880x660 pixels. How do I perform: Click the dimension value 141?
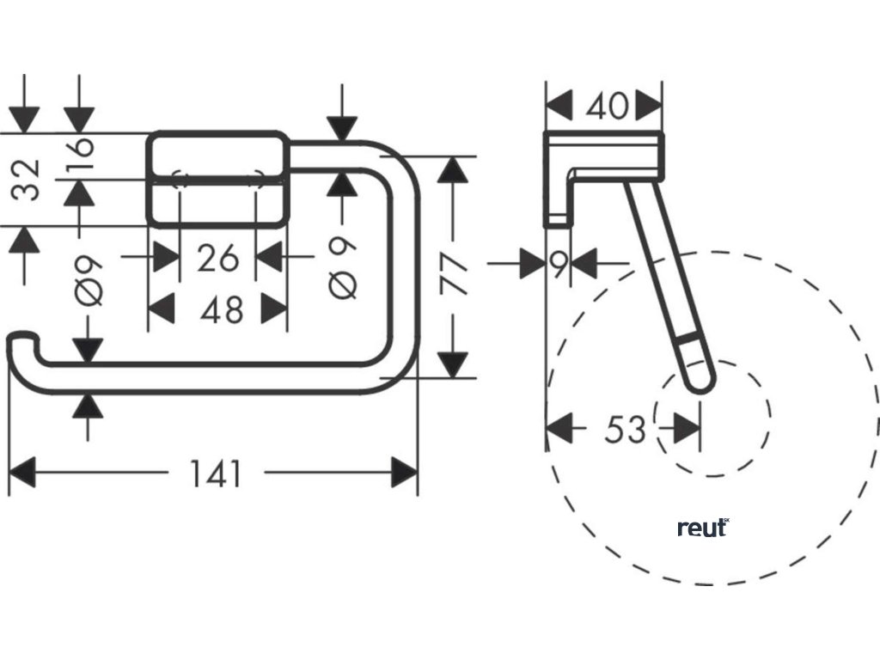click(x=216, y=474)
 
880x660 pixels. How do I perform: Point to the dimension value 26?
click(x=217, y=257)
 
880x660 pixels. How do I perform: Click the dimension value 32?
click(x=30, y=179)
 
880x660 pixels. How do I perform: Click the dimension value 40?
click(x=606, y=107)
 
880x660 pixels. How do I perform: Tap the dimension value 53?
click(x=625, y=428)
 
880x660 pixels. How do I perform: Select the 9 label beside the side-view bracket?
click(x=559, y=265)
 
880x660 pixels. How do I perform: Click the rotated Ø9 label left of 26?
click(x=89, y=280)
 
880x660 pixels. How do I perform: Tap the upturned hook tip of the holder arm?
click(x=19, y=343)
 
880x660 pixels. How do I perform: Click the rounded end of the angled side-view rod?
click(x=699, y=379)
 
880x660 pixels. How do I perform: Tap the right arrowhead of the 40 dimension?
click(x=650, y=107)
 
